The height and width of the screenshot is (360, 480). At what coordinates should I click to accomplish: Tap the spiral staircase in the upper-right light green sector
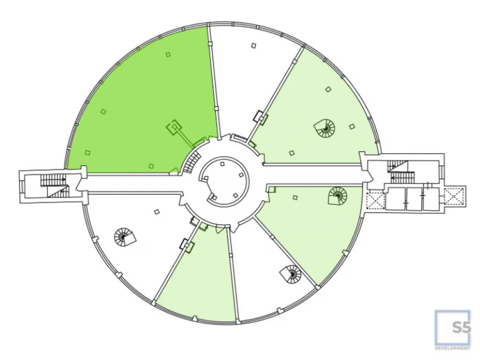click(324, 128)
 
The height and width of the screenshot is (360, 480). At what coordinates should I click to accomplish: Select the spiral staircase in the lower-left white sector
click(125, 237)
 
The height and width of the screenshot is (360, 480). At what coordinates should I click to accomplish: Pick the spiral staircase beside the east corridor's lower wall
click(337, 196)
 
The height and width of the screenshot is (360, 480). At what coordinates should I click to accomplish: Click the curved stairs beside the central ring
click(192, 162)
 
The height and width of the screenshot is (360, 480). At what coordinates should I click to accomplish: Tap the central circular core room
click(224, 182)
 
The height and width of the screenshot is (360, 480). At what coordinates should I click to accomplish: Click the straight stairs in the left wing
click(55, 186)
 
